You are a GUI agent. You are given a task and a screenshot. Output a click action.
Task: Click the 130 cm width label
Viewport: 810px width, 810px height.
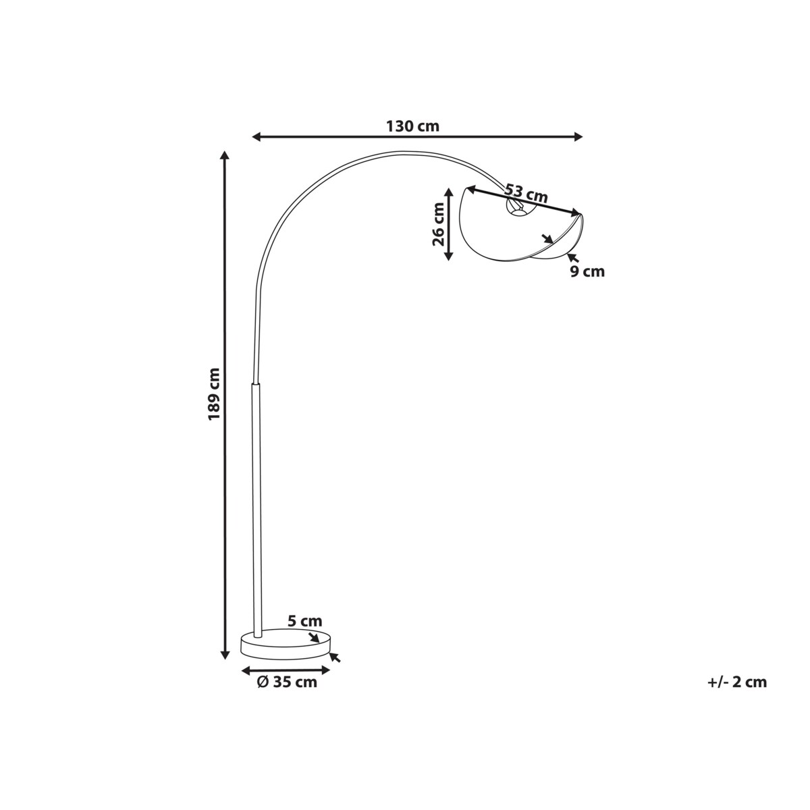[412, 126]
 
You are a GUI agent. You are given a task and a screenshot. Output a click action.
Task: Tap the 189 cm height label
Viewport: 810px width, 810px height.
[214, 394]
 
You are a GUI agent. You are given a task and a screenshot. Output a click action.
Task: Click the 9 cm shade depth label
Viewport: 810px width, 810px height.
[587, 271]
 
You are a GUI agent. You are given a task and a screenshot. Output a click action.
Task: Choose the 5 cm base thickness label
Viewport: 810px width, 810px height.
[304, 632]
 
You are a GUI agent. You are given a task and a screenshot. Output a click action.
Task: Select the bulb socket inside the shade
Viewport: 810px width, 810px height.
[515, 207]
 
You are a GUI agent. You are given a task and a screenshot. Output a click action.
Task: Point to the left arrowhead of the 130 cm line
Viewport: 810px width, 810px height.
[256, 136]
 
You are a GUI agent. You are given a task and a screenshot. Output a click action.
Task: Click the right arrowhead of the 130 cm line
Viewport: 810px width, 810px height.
[578, 136]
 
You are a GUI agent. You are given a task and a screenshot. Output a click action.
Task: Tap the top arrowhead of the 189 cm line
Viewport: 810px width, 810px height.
[225, 155]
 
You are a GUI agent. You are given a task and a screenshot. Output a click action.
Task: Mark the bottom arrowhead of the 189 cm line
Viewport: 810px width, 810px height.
[225, 666]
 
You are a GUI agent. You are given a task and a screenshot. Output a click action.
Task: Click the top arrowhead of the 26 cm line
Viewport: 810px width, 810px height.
[449, 193]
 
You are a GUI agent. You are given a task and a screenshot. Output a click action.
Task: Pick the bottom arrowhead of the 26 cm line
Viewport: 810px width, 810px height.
[449, 255]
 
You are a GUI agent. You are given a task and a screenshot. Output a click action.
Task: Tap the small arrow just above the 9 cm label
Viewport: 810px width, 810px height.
[572, 258]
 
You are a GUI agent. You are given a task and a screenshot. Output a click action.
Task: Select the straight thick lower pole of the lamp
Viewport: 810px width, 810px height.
[256, 512]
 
